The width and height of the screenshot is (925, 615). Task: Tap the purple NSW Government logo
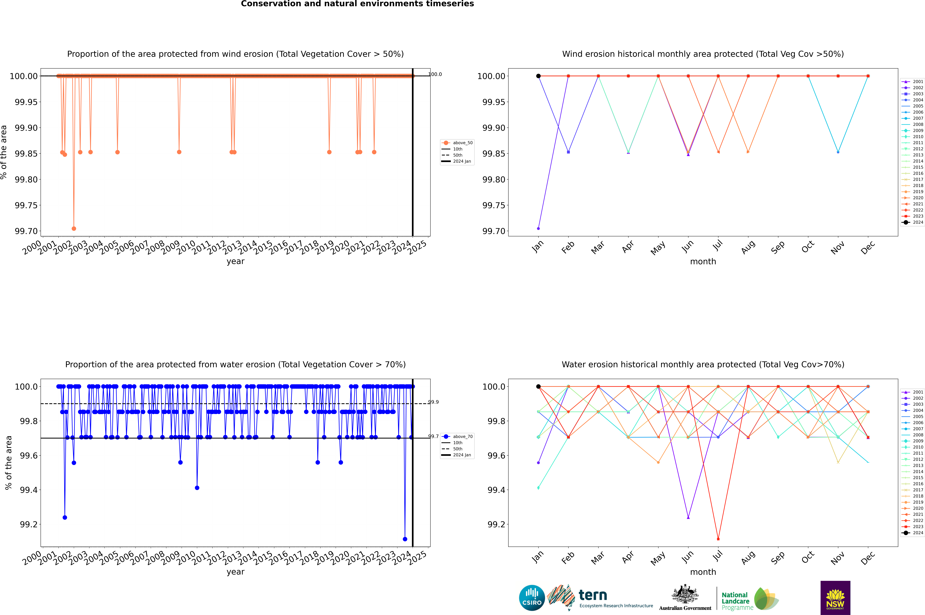[x=835, y=598]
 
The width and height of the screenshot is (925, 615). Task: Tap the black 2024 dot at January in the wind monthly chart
[x=538, y=76]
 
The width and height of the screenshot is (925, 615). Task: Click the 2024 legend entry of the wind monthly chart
[x=912, y=222]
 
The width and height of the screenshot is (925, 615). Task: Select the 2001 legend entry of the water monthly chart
[x=912, y=392]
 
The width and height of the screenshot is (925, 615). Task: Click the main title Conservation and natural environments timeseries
[x=357, y=4]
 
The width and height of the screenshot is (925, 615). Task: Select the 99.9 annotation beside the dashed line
[x=433, y=402]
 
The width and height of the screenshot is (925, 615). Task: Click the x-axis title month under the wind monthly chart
[x=703, y=262]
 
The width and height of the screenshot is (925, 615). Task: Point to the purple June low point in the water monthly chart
[x=688, y=517]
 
